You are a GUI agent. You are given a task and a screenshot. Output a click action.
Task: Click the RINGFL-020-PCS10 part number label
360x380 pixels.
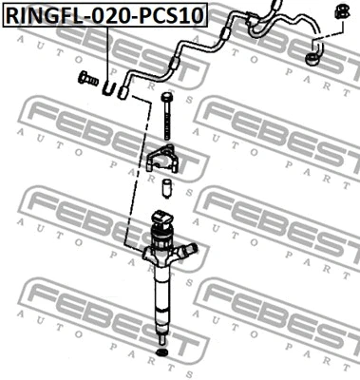click(x=104, y=15)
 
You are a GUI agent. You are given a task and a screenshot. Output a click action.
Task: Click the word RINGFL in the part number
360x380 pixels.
click(x=44, y=15)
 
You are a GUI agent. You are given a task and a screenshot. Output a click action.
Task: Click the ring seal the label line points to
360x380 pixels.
click(x=111, y=87)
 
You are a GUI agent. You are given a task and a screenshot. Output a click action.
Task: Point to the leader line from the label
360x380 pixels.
click(x=107, y=52)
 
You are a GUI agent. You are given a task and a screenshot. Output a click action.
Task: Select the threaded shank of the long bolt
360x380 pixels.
click(x=169, y=123)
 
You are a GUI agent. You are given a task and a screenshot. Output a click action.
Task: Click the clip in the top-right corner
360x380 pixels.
click(x=337, y=12)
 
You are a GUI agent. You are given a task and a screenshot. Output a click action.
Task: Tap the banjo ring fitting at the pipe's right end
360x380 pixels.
click(x=313, y=61)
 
